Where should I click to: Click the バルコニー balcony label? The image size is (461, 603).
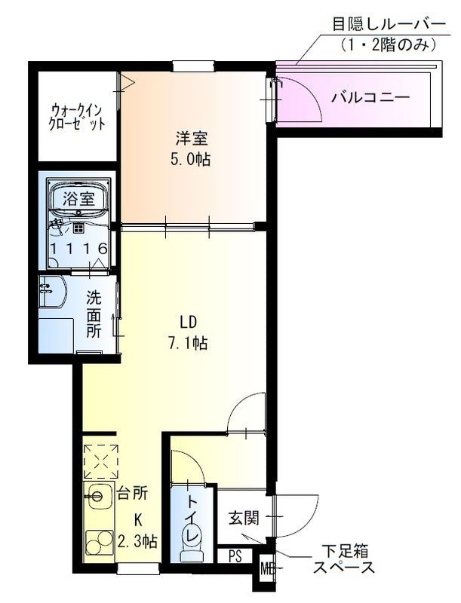[370, 97]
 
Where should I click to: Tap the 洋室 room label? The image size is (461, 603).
[192, 139]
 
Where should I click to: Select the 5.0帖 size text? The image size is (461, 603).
[192, 159]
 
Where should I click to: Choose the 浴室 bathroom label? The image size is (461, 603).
[78, 200]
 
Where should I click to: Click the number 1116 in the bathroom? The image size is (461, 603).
[78, 249]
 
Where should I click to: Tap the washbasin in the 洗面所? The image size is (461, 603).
[53, 294]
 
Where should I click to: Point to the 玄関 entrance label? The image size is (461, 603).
[244, 518]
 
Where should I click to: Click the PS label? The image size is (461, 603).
[235, 557]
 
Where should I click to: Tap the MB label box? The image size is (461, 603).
[267, 568]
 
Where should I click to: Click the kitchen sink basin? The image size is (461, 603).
[98, 495]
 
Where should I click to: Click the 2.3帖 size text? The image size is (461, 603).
[137, 540]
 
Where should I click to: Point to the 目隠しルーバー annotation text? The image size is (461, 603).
[384, 24]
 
